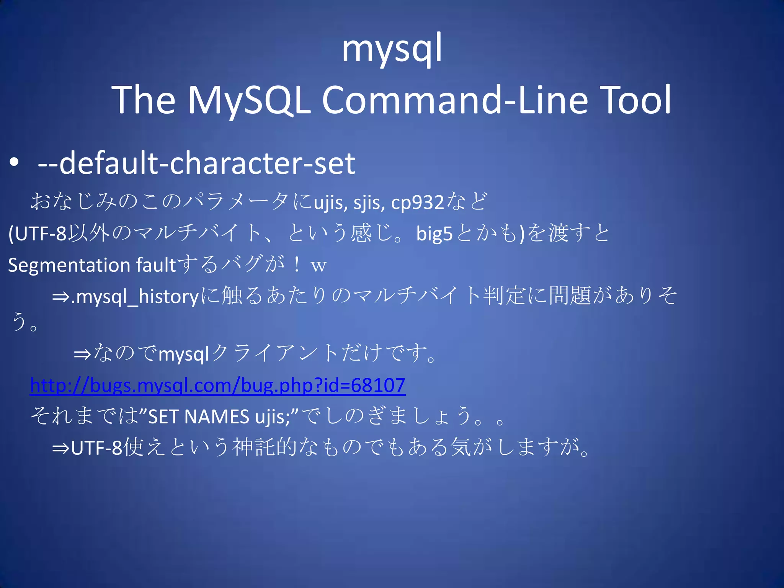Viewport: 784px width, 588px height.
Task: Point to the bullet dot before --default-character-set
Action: (15, 163)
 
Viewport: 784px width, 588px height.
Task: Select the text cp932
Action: (417, 203)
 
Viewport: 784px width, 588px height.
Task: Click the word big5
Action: (434, 234)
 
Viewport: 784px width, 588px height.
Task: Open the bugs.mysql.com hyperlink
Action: (217, 385)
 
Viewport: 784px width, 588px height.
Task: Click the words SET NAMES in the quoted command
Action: (199, 417)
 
